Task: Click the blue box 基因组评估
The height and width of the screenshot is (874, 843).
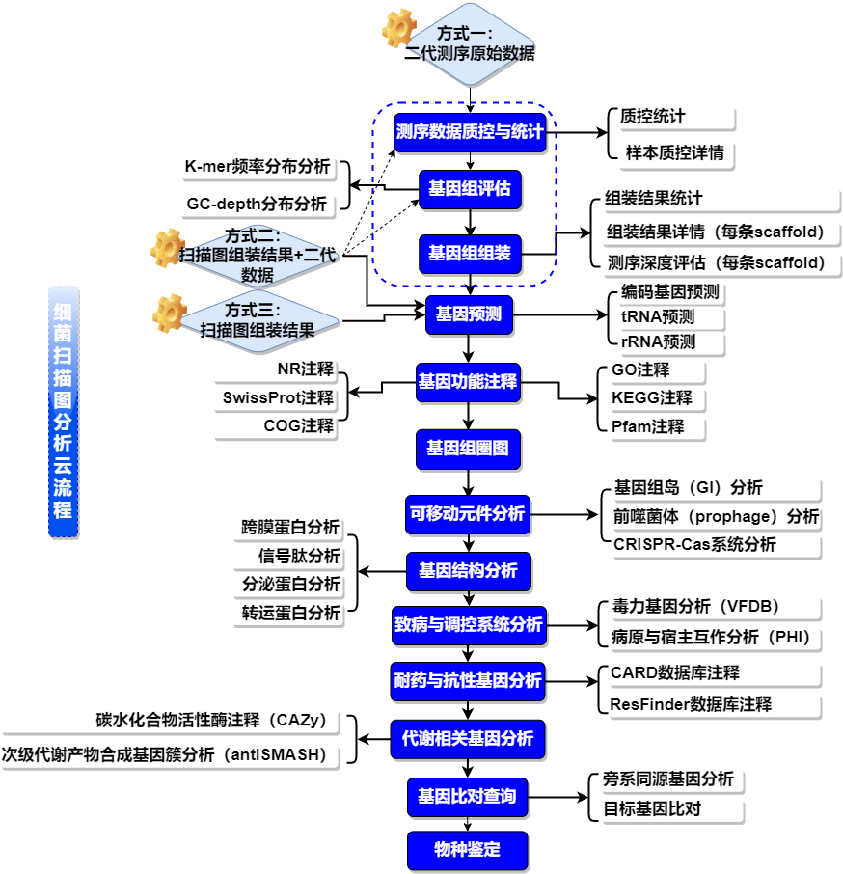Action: [470, 189]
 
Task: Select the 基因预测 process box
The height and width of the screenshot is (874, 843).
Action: [469, 314]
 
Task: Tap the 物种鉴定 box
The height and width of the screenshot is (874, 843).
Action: [468, 850]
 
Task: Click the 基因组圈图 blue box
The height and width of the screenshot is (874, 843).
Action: [469, 448]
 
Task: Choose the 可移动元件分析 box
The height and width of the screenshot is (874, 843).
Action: [468, 514]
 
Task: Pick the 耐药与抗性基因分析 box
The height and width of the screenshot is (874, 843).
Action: [468, 680]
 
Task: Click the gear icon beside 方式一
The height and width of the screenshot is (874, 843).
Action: [398, 29]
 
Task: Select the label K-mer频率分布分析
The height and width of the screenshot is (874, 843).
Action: [257, 167]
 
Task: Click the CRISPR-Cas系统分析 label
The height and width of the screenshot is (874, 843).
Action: [694, 544]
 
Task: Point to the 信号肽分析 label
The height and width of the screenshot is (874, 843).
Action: [299, 556]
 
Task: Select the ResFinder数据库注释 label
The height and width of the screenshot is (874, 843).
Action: [691, 704]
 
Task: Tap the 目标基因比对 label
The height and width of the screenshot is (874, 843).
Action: [652, 808]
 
